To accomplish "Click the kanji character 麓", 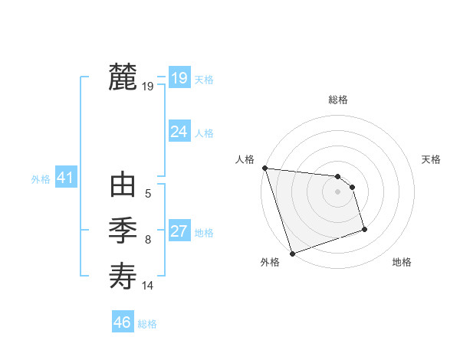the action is pos(123,77).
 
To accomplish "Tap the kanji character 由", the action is pos(123,186).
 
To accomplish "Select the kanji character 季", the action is pos(123,231).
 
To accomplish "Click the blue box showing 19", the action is pos(179,78).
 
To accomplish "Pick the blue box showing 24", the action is pos(179,132).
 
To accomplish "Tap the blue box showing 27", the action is pos(179,231).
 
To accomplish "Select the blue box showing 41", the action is pos(65,178).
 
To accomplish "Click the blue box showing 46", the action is pos(122,322).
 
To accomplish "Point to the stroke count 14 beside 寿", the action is pos(148,286).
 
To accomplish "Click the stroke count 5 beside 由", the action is pos(148,195).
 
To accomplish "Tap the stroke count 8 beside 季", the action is pos(148,240).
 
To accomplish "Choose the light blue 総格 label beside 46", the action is pos(147,324).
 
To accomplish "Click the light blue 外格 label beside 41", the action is pos(41,179).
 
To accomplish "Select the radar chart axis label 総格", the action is pos(338,100).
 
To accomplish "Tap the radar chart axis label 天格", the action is pos(431,159).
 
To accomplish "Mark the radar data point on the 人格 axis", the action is pos(264,168).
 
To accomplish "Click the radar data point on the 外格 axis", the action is pos(292,253).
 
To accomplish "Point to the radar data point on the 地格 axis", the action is pos(364,229).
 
